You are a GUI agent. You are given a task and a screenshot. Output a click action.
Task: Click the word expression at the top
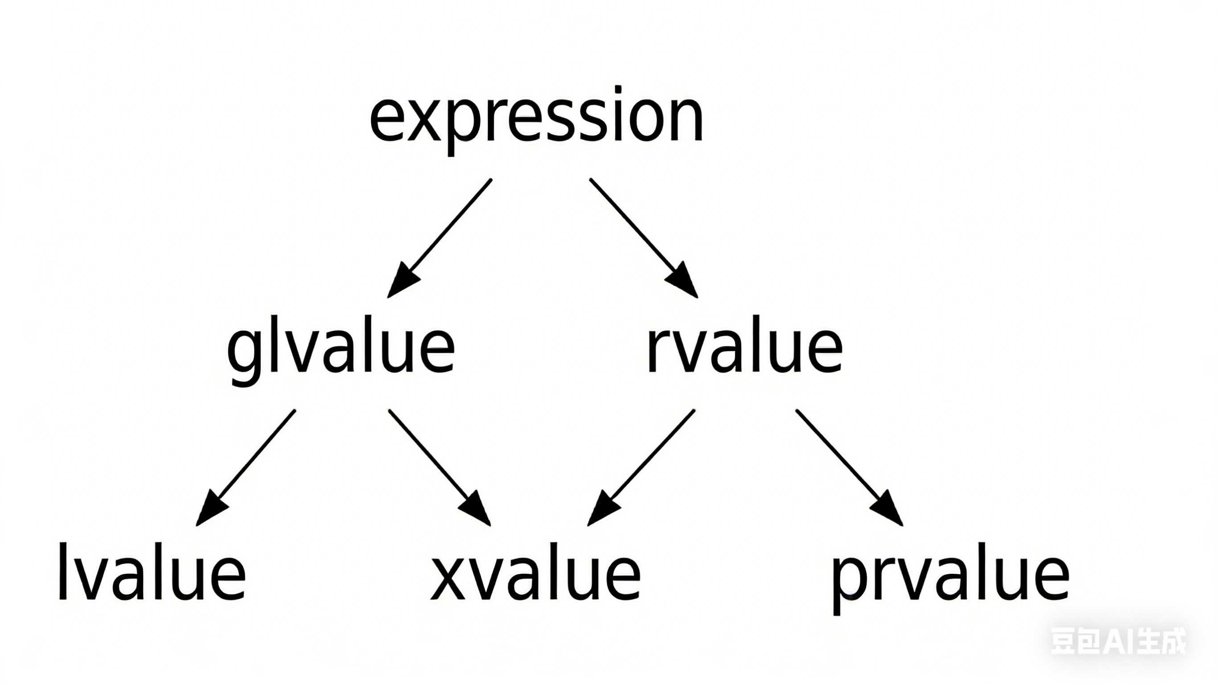click(x=537, y=118)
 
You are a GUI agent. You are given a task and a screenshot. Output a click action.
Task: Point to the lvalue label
click(x=151, y=573)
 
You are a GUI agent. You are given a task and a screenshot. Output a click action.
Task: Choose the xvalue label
click(x=536, y=573)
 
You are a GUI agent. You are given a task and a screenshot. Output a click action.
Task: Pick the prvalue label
click(x=950, y=576)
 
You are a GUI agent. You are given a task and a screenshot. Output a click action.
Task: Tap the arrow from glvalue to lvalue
click(x=248, y=465)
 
